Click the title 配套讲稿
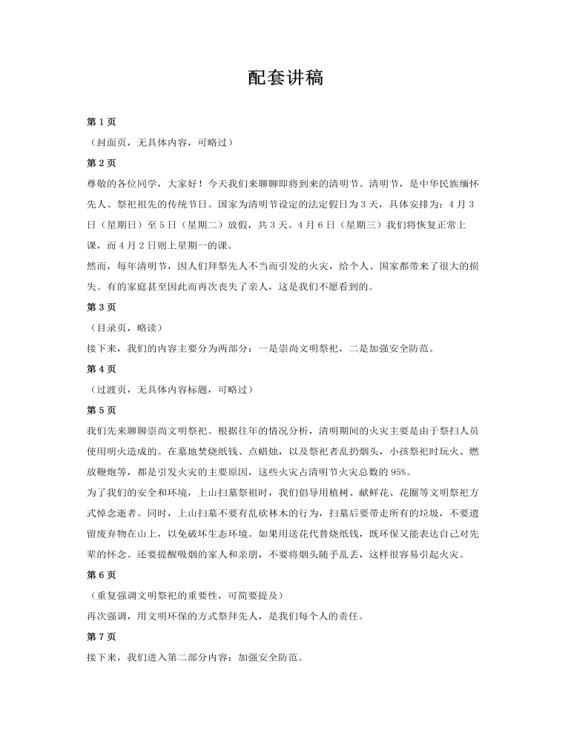tap(285, 79)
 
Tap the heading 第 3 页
tap(102, 307)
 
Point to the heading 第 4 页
tap(102, 368)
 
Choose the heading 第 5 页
tap(102, 410)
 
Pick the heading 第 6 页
tap(102, 574)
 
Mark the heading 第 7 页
tap(102, 637)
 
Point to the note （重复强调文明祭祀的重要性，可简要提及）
tap(185, 595)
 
